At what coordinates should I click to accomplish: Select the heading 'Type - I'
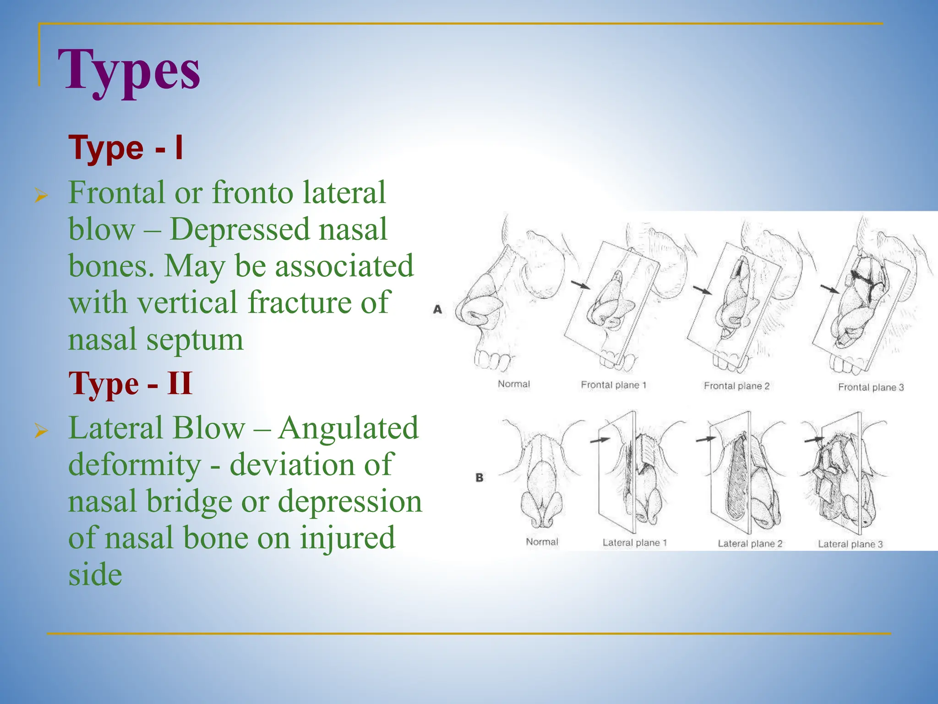(125, 148)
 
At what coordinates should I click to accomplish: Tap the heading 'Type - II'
(130, 383)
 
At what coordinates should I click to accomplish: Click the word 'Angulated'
(348, 428)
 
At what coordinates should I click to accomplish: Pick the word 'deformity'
(135, 465)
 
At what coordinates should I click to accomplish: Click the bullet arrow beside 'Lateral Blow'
(41, 431)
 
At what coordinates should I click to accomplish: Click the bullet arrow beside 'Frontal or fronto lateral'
(41, 196)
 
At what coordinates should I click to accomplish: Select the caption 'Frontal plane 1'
(613, 385)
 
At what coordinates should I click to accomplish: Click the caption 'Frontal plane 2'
(736, 386)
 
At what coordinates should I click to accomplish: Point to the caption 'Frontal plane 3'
(871, 387)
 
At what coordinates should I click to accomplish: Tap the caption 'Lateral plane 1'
(634, 543)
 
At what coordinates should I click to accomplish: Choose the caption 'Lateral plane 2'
(750, 544)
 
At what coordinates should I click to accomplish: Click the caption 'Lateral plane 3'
(850, 544)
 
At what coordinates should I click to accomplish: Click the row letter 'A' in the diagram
(437, 309)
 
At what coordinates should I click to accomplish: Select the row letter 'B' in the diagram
(479, 478)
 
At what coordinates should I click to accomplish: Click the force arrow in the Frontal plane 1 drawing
(581, 285)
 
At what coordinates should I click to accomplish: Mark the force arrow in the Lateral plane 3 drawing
(814, 440)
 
